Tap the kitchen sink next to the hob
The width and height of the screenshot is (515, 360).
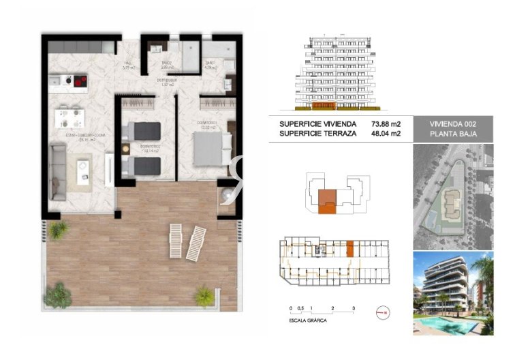(59, 80)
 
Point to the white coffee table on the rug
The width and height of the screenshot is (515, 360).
(83, 168)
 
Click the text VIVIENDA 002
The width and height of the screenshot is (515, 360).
(452, 124)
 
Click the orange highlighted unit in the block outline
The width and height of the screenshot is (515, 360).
(328, 198)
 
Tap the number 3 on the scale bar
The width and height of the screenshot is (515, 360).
(354, 309)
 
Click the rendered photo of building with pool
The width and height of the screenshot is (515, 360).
(452, 293)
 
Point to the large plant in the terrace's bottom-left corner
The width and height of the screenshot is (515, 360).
(60, 295)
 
